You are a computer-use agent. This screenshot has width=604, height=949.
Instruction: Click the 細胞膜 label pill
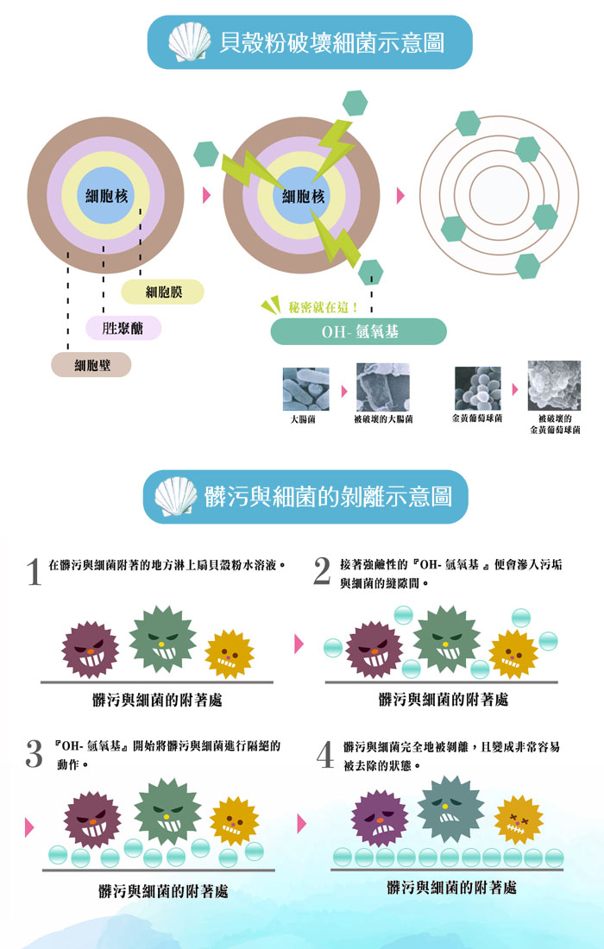click(x=163, y=292)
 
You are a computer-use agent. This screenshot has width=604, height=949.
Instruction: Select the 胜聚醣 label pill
click(x=123, y=328)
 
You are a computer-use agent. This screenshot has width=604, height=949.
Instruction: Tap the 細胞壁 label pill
click(x=91, y=365)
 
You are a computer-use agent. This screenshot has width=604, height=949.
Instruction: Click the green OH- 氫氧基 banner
click(x=359, y=331)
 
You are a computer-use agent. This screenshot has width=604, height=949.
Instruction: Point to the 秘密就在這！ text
click(x=324, y=307)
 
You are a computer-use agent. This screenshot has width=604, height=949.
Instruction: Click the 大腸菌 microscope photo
click(x=306, y=389)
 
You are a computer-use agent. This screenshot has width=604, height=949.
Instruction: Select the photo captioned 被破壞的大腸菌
click(x=382, y=387)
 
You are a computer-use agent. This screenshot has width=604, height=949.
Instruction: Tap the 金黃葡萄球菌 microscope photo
click(x=477, y=388)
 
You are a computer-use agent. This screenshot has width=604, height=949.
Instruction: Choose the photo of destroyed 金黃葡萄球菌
click(x=554, y=386)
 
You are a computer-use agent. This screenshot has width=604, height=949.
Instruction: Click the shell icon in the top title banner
click(x=190, y=41)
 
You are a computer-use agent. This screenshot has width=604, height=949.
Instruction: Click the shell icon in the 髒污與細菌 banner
click(x=176, y=496)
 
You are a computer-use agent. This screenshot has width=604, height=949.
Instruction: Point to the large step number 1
click(x=34, y=573)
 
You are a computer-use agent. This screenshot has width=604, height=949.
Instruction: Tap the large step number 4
click(x=325, y=755)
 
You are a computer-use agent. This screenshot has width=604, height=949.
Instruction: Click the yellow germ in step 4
click(x=519, y=820)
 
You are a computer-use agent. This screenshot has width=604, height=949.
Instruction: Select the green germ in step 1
click(x=162, y=638)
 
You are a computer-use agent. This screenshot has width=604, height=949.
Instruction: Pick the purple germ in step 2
click(x=374, y=650)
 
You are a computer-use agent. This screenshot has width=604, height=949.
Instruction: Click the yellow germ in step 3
click(x=234, y=821)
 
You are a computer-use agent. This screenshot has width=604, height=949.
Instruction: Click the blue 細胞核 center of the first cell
click(x=106, y=196)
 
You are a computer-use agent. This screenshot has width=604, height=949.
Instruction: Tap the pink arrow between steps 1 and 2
click(x=299, y=644)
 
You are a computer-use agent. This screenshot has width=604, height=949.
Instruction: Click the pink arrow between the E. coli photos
click(x=344, y=391)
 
